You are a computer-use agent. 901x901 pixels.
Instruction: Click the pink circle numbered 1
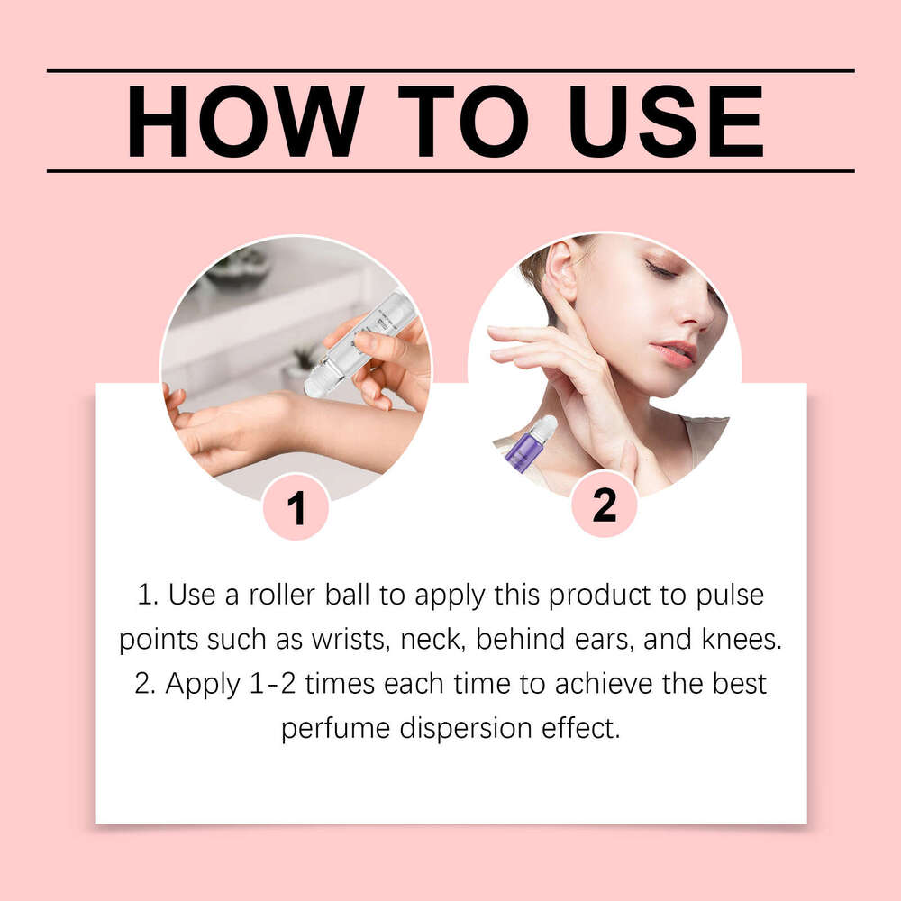pos(296,507)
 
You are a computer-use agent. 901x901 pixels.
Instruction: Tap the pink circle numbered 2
pos(605,505)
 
